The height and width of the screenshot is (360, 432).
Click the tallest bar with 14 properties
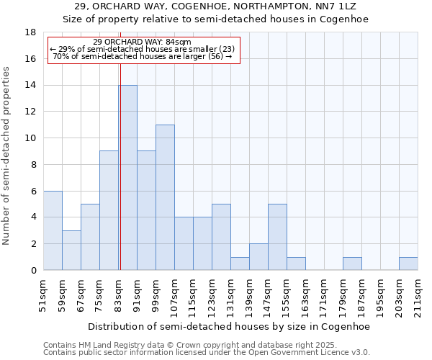[x=128, y=178]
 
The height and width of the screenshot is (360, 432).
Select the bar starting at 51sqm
[x=53, y=230]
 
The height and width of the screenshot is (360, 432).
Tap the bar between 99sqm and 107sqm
[x=165, y=197]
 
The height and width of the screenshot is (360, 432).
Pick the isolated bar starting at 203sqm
[x=408, y=264]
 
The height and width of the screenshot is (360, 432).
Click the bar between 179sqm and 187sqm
[x=352, y=264]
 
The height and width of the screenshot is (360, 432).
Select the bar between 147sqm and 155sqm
[x=277, y=237]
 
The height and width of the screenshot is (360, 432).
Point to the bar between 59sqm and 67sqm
[x=71, y=250]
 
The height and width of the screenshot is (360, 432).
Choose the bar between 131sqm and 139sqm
[x=240, y=264]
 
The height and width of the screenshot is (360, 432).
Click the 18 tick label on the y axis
[x=30, y=32]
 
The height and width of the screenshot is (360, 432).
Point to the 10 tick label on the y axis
[x=30, y=138]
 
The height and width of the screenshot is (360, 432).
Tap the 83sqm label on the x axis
[x=118, y=297]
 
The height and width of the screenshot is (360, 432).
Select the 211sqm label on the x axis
[x=418, y=297]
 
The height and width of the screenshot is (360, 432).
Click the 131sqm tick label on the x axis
[x=230, y=297]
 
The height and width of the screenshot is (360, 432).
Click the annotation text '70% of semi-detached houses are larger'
[x=143, y=56]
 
